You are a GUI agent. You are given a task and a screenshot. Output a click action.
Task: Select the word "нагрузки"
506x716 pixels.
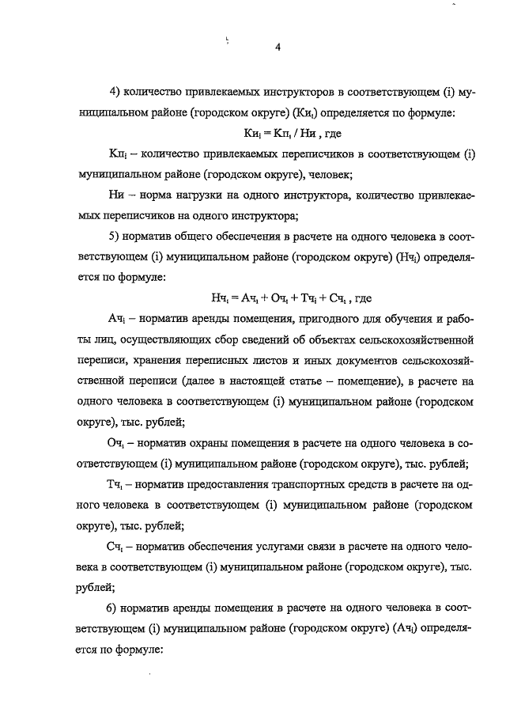[187, 195]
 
